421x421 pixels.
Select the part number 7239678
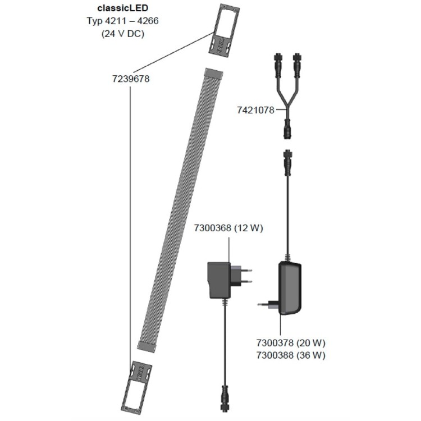131,79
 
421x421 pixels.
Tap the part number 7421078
255,111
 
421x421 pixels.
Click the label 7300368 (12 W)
228,228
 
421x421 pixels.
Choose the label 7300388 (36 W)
291,355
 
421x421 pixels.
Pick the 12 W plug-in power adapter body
219,280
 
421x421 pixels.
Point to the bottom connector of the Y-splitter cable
287,131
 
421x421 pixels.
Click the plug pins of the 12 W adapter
242,275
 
